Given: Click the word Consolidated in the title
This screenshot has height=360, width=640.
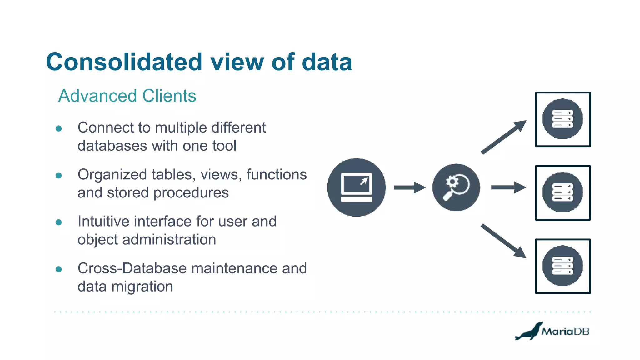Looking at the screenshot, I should [124, 62].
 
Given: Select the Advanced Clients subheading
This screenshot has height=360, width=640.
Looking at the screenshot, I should [127, 96].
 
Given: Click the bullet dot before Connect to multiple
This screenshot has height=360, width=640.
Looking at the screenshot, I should [58, 128].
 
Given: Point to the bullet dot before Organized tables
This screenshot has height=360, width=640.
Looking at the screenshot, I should [58, 175].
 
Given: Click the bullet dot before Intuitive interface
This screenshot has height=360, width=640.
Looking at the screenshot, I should [58, 222].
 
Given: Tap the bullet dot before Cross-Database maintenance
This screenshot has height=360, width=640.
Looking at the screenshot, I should [58, 269].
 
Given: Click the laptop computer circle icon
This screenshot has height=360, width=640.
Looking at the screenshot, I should [357, 187].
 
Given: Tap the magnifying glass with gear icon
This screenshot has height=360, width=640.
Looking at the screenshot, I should [456, 187].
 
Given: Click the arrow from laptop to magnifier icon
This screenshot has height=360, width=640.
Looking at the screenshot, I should [409, 187].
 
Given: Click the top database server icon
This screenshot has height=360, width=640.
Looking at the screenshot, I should [563, 119].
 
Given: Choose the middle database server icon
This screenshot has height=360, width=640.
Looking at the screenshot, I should [563, 192].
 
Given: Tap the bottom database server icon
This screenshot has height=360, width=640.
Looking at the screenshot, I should [563, 266].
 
